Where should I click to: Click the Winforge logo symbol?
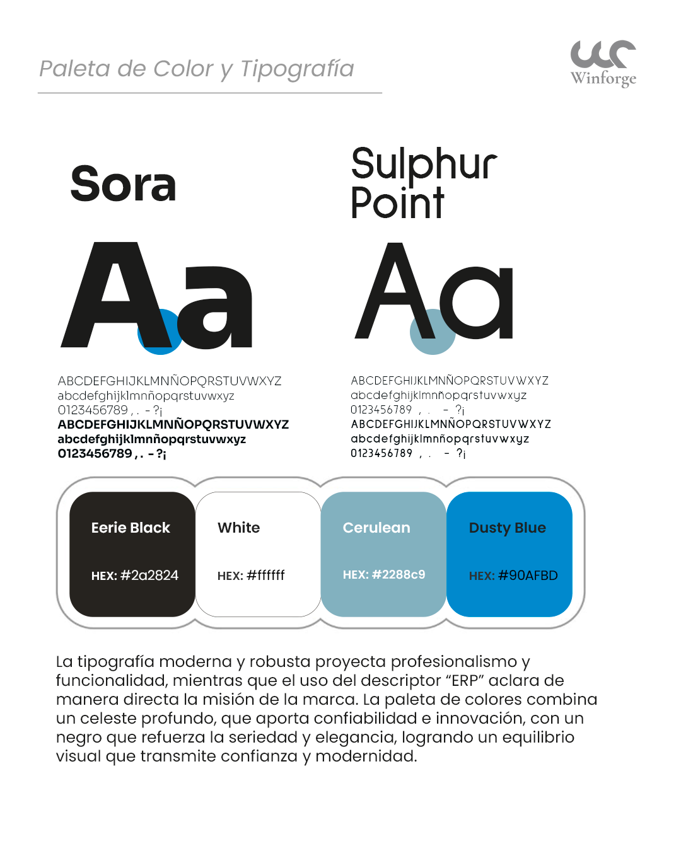point(603,54)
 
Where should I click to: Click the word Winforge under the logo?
point(603,78)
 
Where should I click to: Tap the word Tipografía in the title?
point(297,69)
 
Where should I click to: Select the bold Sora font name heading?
point(123,184)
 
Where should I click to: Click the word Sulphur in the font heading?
point(424,165)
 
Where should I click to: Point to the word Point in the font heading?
point(397,203)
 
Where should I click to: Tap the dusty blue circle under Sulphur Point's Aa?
point(433,332)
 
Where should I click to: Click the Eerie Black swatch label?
point(131,528)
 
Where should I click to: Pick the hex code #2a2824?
point(149,575)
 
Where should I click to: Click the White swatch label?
point(238,528)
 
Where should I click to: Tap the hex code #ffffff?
point(265,575)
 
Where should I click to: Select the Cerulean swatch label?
point(376,528)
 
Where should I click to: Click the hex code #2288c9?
point(399,574)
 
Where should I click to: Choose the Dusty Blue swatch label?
point(508,528)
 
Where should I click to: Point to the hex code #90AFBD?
point(528,575)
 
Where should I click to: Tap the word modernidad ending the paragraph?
point(366,756)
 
